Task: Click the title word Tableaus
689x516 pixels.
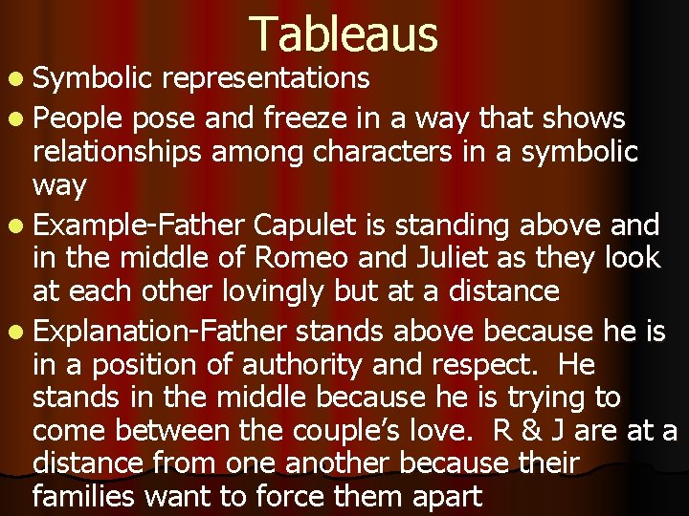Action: (344, 34)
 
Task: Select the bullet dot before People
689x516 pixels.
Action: (19, 119)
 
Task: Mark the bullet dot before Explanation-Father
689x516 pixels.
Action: (19, 333)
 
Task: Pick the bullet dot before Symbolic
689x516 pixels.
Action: (19, 76)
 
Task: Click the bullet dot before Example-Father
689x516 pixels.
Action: (19, 226)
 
